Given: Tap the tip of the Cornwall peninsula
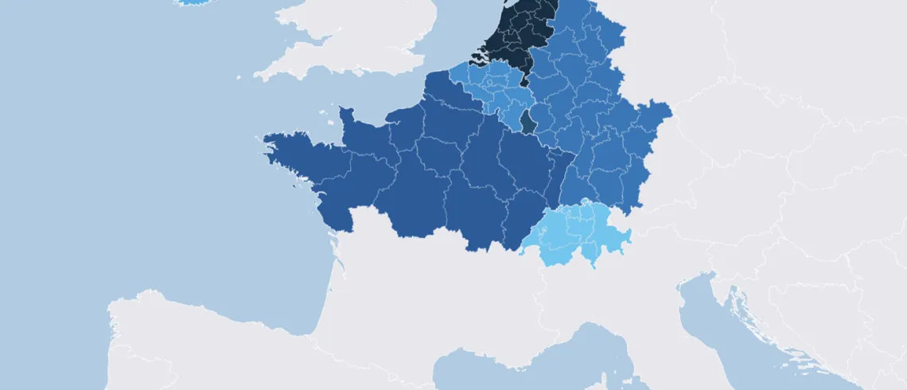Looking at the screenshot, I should point(259,77).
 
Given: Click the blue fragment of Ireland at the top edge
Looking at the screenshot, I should point(189,2).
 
